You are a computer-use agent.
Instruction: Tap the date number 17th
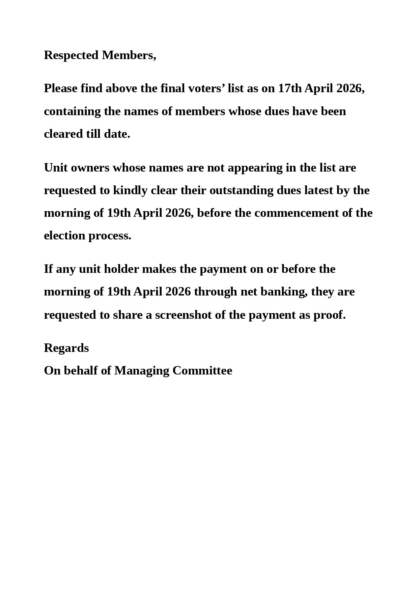(x=290, y=88)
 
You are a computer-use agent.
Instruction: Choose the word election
(x=64, y=236)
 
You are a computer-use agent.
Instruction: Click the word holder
(x=121, y=269)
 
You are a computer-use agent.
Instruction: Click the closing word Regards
(x=66, y=348)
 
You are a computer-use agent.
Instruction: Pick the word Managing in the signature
(x=142, y=371)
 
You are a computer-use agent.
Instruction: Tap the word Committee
(x=202, y=371)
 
